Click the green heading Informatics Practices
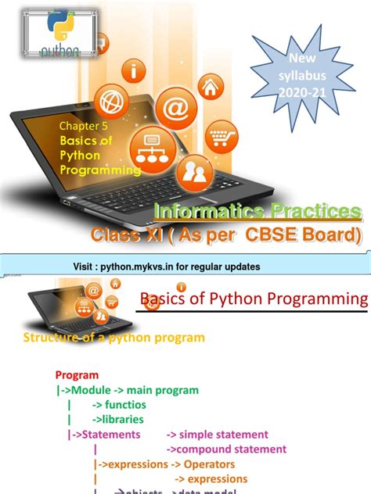point(258,211)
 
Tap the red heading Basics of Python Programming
point(253,299)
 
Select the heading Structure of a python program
point(114,338)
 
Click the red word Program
point(77,375)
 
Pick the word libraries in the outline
point(118,419)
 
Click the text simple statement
point(223,434)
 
